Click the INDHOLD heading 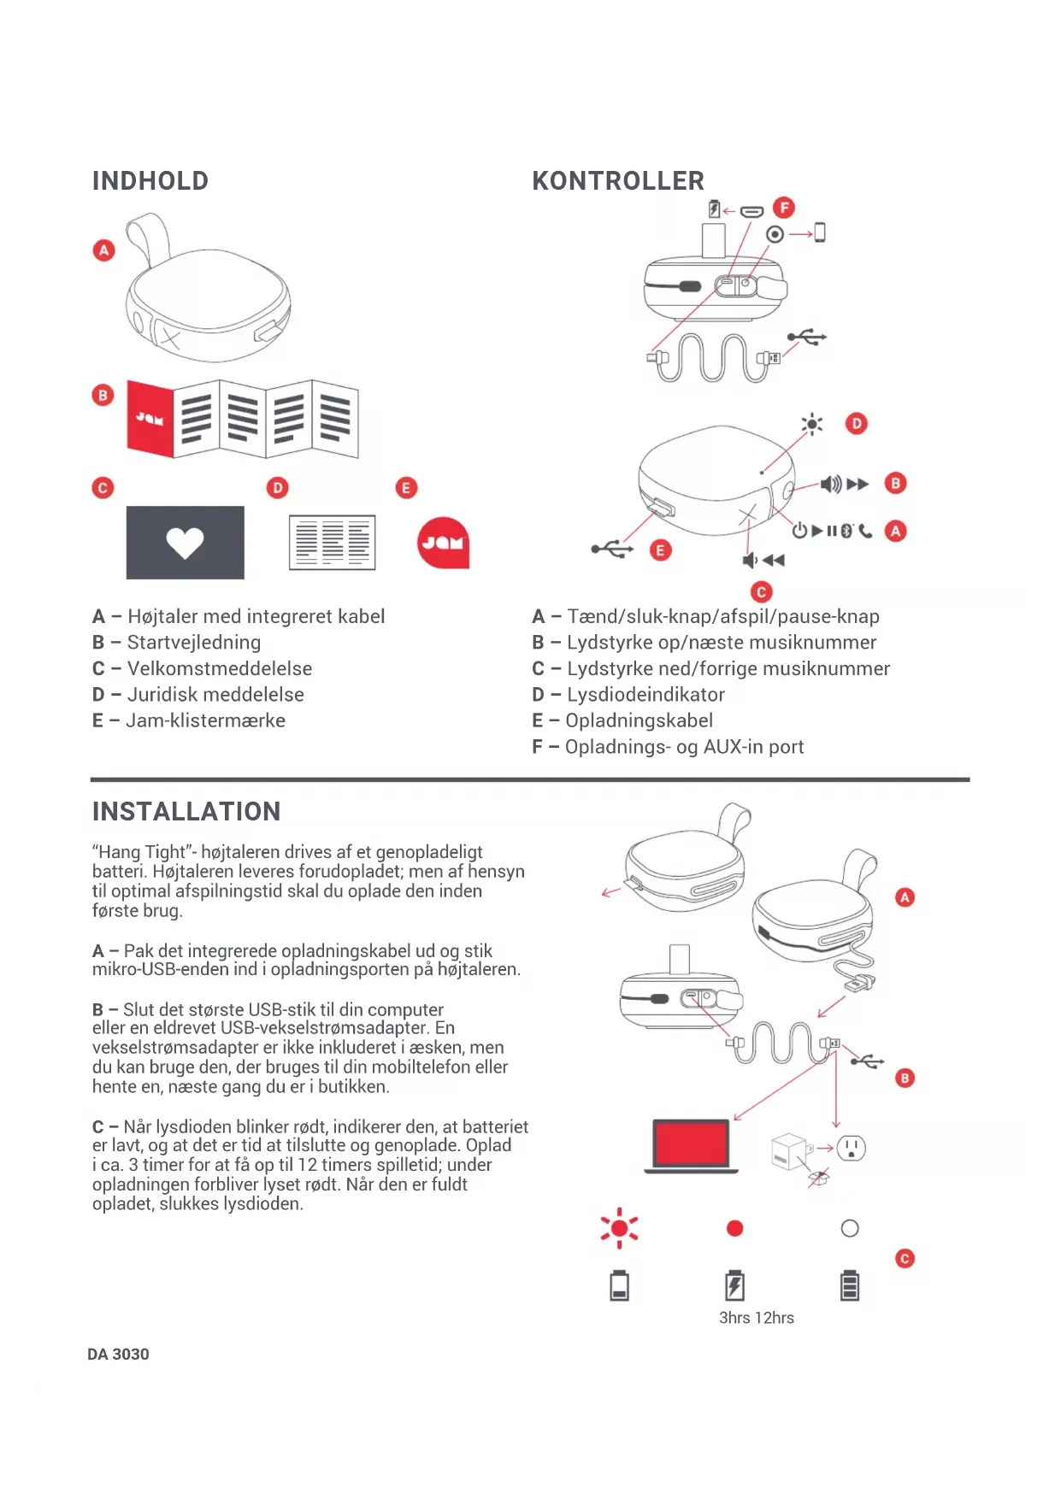tap(150, 181)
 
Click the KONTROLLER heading tap(617, 181)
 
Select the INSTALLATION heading tap(186, 811)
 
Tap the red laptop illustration tap(691, 1144)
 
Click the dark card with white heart tap(185, 542)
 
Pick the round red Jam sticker tap(443, 543)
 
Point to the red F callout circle tap(783, 208)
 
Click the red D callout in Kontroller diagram tap(856, 423)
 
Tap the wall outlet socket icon tap(851, 1148)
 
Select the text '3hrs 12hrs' tap(756, 1318)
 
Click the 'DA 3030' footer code tap(118, 1354)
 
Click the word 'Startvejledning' tap(194, 643)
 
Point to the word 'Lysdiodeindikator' tap(645, 695)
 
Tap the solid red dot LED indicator tap(734, 1228)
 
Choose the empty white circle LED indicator tap(850, 1228)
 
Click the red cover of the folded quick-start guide tap(150, 418)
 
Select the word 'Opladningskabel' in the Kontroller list tap(639, 720)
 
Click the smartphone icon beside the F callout tap(820, 232)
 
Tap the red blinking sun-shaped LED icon tap(619, 1228)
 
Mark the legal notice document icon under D tap(332, 543)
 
